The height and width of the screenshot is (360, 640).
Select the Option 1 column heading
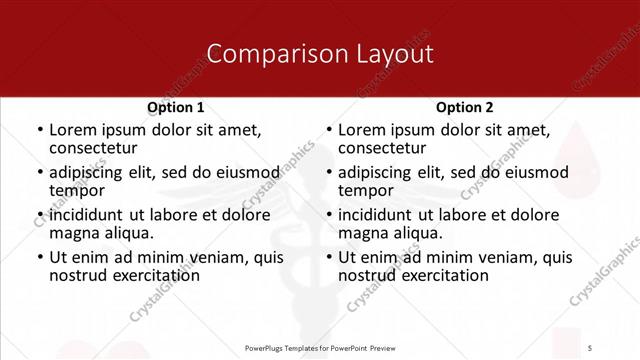click(x=176, y=107)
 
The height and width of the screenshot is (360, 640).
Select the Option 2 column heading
click(x=465, y=107)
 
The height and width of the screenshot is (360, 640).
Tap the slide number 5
click(x=591, y=347)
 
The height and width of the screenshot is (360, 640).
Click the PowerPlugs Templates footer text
click(x=319, y=347)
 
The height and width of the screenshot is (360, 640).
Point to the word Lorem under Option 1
click(x=71, y=130)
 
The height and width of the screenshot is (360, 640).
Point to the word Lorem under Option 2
click(x=360, y=130)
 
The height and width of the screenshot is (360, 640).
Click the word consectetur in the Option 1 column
click(x=92, y=148)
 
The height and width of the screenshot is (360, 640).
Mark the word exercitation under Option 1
click(x=151, y=275)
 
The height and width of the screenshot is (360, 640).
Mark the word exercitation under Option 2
click(x=440, y=275)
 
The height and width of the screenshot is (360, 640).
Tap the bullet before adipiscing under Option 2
click(x=328, y=173)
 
